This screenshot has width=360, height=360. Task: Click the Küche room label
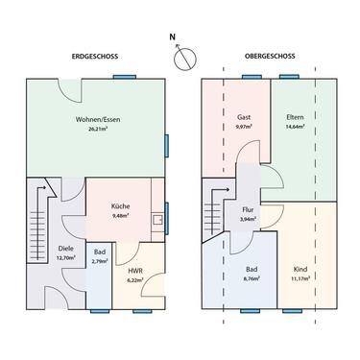(122, 207)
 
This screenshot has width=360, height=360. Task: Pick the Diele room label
(39, 249)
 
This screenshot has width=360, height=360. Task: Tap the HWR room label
(135, 271)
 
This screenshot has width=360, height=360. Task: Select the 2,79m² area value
(99, 261)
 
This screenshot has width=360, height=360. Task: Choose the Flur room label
(247, 209)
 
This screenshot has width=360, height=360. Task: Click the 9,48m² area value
(122, 216)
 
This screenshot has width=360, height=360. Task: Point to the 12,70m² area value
(39, 257)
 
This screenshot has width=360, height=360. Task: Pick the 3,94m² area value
(247, 218)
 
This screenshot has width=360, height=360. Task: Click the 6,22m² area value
(135, 279)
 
